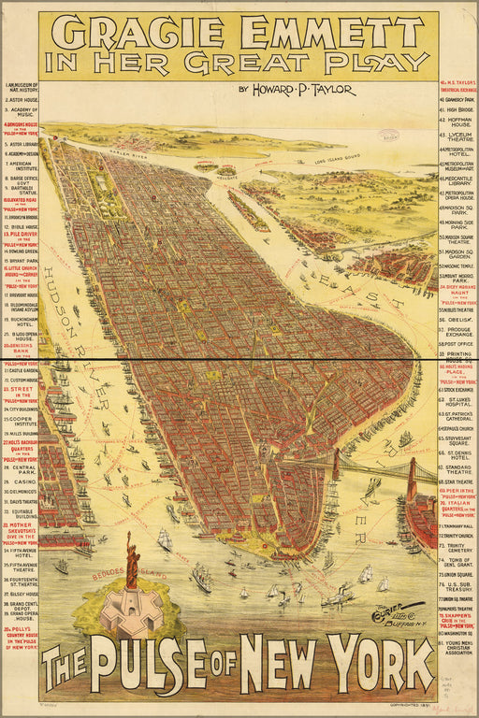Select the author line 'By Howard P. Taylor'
tap(297, 90)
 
